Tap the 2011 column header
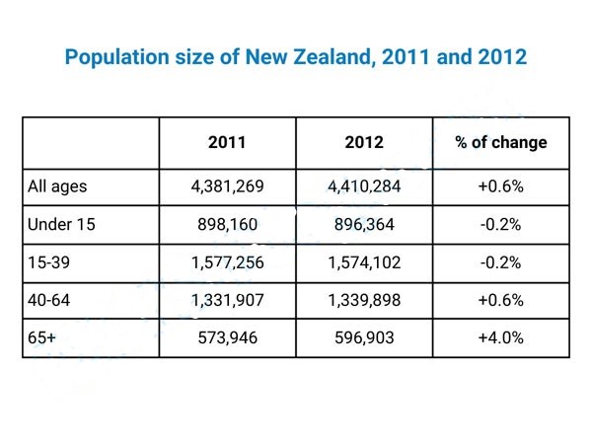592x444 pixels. pyautogui.click(x=227, y=142)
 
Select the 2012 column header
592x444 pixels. pyautogui.click(x=364, y=142)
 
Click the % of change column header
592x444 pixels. pyautogui.click(x=501, y=143)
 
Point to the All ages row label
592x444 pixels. pyautogui.click(x=57, y=186)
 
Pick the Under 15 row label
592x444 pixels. pyautogui.click(x=61, y=224)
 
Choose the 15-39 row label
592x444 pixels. pyautogui.click(x=48, y=262)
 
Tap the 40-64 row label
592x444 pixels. pyautogui.click(x=48, y=300)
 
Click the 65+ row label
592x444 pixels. pyautogui.click(x=41, y=337)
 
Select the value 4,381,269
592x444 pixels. pyautogui.click(x=227, y=186)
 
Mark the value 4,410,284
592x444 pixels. pyautogui.click(x=364, y=186)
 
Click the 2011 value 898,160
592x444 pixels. pyautogui.click(x=227, y=225)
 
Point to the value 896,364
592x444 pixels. pyautogui.click(x=364, y=225)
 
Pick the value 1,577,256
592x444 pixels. pyautogui.click(x=227, y=262)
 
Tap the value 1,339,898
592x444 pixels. pyautogui.click(x=364, y=301)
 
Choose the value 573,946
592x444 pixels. pyautogui.click(x=227, y=337)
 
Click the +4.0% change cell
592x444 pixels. pyautogui.click(x=500, y=337)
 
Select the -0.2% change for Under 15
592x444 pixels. pyautogui.click(x=500, y=225)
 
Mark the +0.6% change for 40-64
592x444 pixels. pyautogui.click(x=500, y=301)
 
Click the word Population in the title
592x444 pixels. pyautogui.click(x=117, y=57)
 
